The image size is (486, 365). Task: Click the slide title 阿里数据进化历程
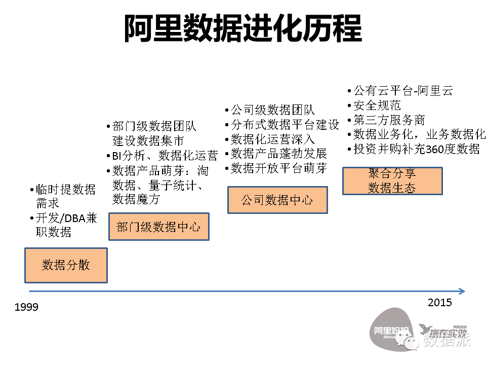tap(243, 28)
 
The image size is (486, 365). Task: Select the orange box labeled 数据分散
tap(66, 265)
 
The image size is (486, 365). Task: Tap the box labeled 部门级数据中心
tap(158, 226)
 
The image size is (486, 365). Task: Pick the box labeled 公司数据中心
tap(277, 200)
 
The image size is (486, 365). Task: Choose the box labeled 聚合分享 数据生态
tap(392, 181)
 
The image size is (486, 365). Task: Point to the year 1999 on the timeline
tap(26, 307)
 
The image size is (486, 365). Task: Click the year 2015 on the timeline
tap(439, 303)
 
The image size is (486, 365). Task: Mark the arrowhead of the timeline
tap(461, 291)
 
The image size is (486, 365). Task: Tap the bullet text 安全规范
tap(377, 105)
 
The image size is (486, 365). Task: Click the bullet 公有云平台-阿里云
tap(402, 91)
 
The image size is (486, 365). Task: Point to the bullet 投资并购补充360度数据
tap(416, 150)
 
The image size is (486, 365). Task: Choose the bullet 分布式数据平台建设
tap(285, 125)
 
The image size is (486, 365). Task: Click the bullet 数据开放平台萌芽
tap(278, 169)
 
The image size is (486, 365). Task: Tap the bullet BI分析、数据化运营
tap(165, 156)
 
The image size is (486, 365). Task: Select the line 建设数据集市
tap(148, 140)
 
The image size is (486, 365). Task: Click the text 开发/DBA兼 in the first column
tap(66, 218)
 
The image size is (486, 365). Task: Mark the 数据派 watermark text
tap(447, 339)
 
